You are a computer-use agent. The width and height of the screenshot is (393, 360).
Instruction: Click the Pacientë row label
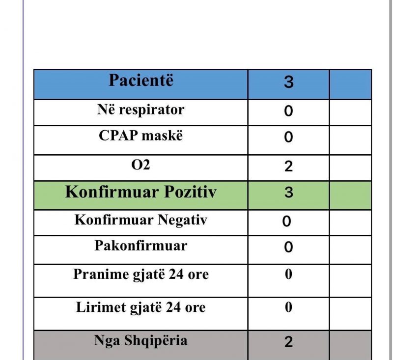[x=140, y=81]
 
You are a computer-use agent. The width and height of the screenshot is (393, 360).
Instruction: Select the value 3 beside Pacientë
[x=289, y=82]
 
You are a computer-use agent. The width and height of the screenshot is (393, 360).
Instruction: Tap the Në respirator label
[x=140, y=110]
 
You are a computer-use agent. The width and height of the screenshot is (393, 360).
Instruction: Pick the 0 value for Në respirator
[x=288, y=111]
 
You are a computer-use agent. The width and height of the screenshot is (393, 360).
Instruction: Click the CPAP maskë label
[x=140, y=136]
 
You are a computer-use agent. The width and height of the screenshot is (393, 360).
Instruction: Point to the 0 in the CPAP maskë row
[x=288, y=137]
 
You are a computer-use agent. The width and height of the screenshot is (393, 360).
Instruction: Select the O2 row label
[x=140, y=165]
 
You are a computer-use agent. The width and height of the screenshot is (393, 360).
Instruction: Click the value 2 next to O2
[x=288, y=166]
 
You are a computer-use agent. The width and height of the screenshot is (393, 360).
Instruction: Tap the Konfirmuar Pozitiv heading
[x=140, y=192]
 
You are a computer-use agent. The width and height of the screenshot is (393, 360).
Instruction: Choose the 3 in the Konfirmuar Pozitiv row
[x=289, y=193]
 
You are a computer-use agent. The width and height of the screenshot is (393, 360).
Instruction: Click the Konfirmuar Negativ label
[x=140, y=220]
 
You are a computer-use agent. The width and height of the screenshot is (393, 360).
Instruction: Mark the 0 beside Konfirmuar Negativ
[x=287, y=222]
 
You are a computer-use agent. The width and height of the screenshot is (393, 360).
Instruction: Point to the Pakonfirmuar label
[x=140, y=245]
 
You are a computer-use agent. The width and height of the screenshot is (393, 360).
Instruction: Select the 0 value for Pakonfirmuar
[x=288, y=247]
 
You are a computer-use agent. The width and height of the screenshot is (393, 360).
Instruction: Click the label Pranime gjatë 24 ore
[x=140, y=274]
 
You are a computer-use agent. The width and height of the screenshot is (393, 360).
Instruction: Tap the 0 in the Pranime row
[x=289, y=274]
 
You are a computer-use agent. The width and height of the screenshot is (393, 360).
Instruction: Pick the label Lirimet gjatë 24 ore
[x=140, y=308]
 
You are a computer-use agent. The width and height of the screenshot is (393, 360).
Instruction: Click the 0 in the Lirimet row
[x=289, y=308]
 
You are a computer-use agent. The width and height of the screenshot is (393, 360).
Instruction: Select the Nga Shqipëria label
[x=140, y=340]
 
